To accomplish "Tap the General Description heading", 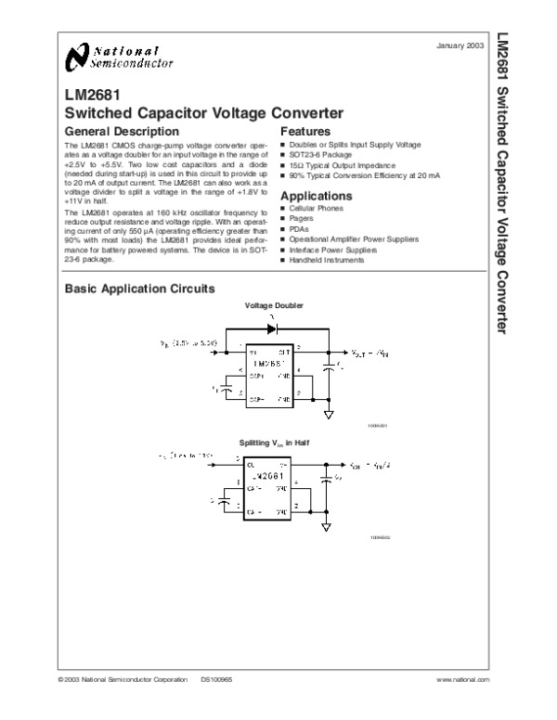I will pos(120,132).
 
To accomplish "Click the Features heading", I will pos(305,132).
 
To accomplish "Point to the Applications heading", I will pos(316,197).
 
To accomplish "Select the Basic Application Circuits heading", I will pos(138,289).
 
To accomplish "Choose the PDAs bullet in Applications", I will pos(298,229).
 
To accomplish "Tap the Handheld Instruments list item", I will pos(326,260).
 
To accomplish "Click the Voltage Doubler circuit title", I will pos(273,306).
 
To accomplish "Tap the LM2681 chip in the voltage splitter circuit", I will pos(267,487).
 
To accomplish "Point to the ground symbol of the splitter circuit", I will pos(327,528).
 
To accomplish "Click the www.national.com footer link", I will pos(461,680).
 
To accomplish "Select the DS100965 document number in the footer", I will pos(215,680).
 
